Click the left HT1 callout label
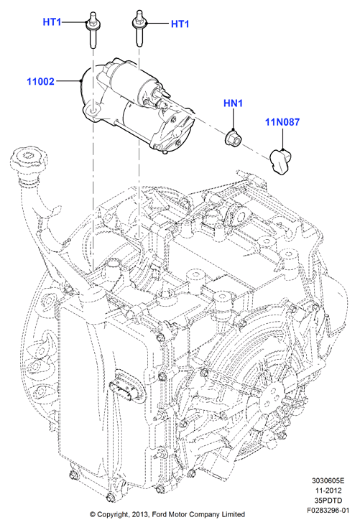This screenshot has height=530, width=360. [x=52, y=22]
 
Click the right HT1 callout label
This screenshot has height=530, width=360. [x=180, y=24]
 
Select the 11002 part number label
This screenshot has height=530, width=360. [x=41, y=81]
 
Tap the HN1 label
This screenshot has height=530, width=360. [x=233, y=103]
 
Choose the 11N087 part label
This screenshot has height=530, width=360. [x=282, y=121]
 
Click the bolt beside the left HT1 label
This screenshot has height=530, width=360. [x=92, y=29]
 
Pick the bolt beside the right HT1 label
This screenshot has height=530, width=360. [x=138, y=28]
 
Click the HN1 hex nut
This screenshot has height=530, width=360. [x=232, y=137]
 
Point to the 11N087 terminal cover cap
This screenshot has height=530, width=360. [x=280, y=162]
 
